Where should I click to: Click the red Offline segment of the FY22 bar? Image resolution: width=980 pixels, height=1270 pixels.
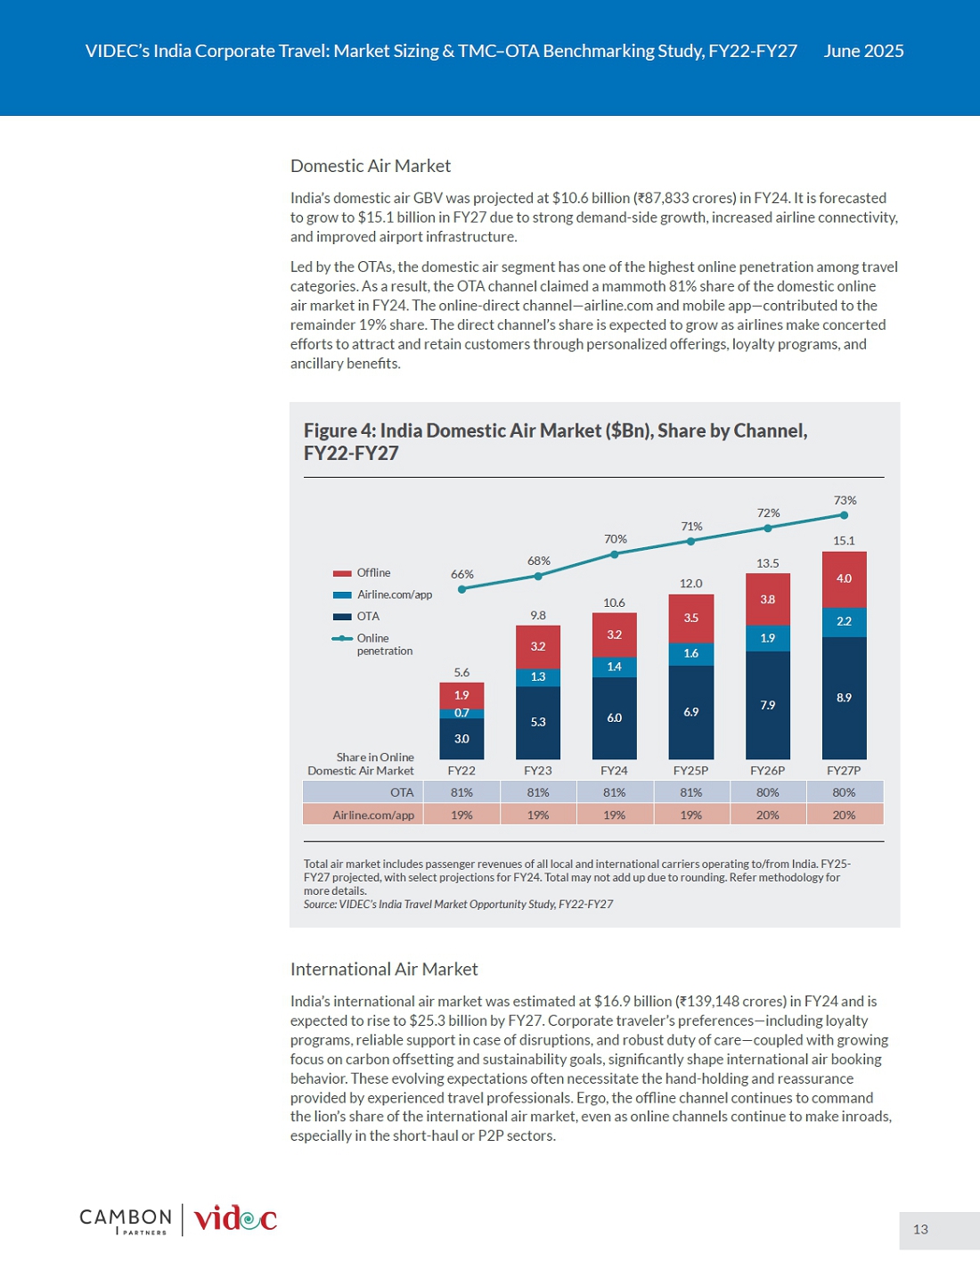pyautogui.click(x=461, y=695)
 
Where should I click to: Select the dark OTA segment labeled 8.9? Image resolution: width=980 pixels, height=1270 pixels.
pyautogui.click(x=844, y=698)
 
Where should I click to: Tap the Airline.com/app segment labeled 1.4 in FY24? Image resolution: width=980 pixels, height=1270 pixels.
pyautogui.click(x=615, y=667)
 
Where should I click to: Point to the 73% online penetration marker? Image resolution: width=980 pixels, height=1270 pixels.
pyautogui.click(x=844, y=515)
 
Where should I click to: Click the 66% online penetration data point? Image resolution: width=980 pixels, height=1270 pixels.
pyautogui.click(x=462, y=589)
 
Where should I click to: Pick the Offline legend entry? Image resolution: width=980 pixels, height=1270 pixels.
pyautogui.click(x=362, y=573)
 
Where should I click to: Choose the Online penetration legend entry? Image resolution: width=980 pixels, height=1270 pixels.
pyautogui.click(x=372, y=644)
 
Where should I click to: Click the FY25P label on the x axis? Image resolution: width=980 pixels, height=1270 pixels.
pyautogui.click(x=691, y=770)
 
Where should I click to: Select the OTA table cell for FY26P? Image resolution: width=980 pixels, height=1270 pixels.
pyautogui.click(x=767, y=792)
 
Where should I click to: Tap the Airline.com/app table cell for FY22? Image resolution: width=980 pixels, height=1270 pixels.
pyautogui.click(x=461, y=814)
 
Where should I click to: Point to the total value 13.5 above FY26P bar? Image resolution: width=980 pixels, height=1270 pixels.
pyautogui.click(x=767, y=563)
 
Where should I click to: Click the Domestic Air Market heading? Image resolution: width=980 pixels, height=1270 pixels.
pyautogui.click(x=371, y=166)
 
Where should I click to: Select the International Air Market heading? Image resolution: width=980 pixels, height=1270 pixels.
pyautogui.click(x=384, y=969)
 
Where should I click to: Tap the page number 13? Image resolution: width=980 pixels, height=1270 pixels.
pyautogui.click(x=920, y=1229)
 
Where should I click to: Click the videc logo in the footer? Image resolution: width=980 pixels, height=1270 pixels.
pyautogui.click(x=235, y=1219)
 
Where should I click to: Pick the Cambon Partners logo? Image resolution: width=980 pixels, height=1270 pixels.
pyautogui.click(x=126, y=1221)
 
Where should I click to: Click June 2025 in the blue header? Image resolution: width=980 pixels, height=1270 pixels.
pyautogui.click(x=863, y=52)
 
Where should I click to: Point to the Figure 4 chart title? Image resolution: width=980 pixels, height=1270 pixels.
pyautogui.click(x=555, y=442)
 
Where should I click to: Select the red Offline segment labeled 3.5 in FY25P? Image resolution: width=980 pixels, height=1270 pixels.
pyautogui.click(x=691, y=619)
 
